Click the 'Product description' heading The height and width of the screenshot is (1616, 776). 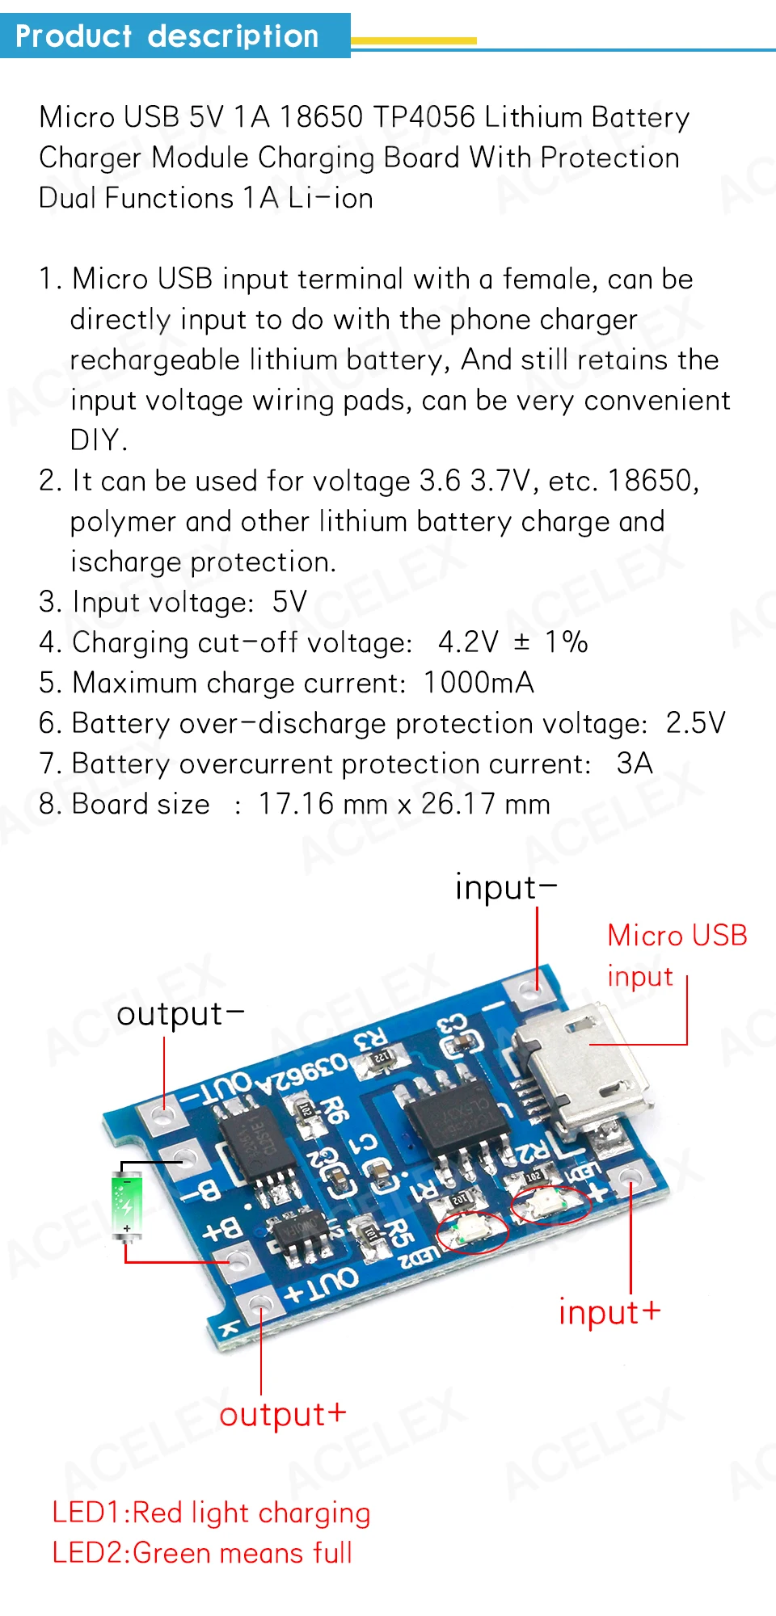(x=167, y=36)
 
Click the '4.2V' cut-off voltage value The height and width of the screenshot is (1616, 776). (x=468, y=642)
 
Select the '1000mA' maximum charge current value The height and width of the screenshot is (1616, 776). (x=479, y=683)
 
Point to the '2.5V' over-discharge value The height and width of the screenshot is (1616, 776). (x=695, y=723)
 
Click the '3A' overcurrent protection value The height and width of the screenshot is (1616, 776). (x=635, y=764)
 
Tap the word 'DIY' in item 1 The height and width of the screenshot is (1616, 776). (x=98, y=440)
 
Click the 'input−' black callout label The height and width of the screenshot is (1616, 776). (x=506, y=887)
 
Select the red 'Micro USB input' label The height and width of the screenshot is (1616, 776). (x=677, y=956)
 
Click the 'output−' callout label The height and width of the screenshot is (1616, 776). (x=180, y=1014)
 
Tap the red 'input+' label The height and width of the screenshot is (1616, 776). (x=609, y=1312)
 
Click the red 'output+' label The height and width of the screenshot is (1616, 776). (x=282, y=1414)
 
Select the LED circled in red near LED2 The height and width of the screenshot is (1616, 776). (x=471, y=1231)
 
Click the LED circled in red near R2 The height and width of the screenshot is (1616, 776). (x=550, y=1204)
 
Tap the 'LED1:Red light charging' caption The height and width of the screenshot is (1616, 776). (x=211, y=1513)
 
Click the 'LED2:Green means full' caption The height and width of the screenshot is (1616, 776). (x=202, y=1553)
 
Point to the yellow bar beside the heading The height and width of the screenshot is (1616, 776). (x=413, y=40)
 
